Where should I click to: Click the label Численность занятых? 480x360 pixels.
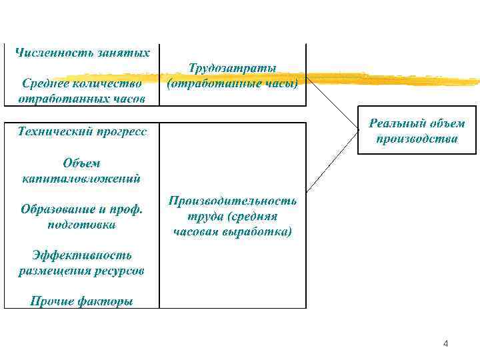(x=82, y=52)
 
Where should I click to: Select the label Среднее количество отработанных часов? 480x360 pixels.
(x=82, y=91)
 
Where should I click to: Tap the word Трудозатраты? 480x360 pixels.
(x=233, y=68)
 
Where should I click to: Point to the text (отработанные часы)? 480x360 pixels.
(x=233, y=83)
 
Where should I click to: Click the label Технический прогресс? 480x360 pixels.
(x=82, y=131)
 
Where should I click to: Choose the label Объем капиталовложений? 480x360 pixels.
(x=82, y=171)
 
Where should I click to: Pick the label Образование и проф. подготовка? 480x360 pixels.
(x=82, y=217)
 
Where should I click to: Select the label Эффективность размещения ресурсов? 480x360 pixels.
(x=82, y=263)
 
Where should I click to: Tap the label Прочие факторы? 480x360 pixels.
(x=82, y=301)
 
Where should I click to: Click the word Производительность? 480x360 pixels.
(x=233, y=201)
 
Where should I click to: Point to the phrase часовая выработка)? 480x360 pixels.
(x=233, y=232)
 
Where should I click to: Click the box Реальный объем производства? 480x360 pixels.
(x=417, y=130)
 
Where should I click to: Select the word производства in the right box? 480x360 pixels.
(x=417, y=139)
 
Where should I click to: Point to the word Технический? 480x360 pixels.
(x=53, y=131)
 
